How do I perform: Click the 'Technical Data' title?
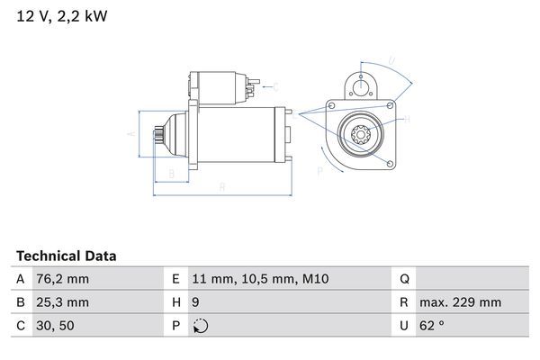[66, 256]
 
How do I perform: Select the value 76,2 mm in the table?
[64, 280]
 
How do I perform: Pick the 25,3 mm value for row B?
[64, 302]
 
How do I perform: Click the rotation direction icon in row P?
[202, 326]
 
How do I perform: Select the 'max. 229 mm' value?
[463, 302]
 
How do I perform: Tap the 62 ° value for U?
[436, 326]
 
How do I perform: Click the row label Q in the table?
[404, 280]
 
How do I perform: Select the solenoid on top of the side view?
[218, 86]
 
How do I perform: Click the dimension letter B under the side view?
[171, 174]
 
